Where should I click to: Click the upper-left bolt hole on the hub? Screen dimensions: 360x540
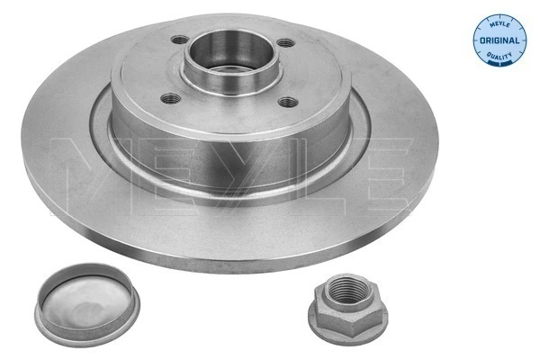pyautogui.click(x=179, y=40)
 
